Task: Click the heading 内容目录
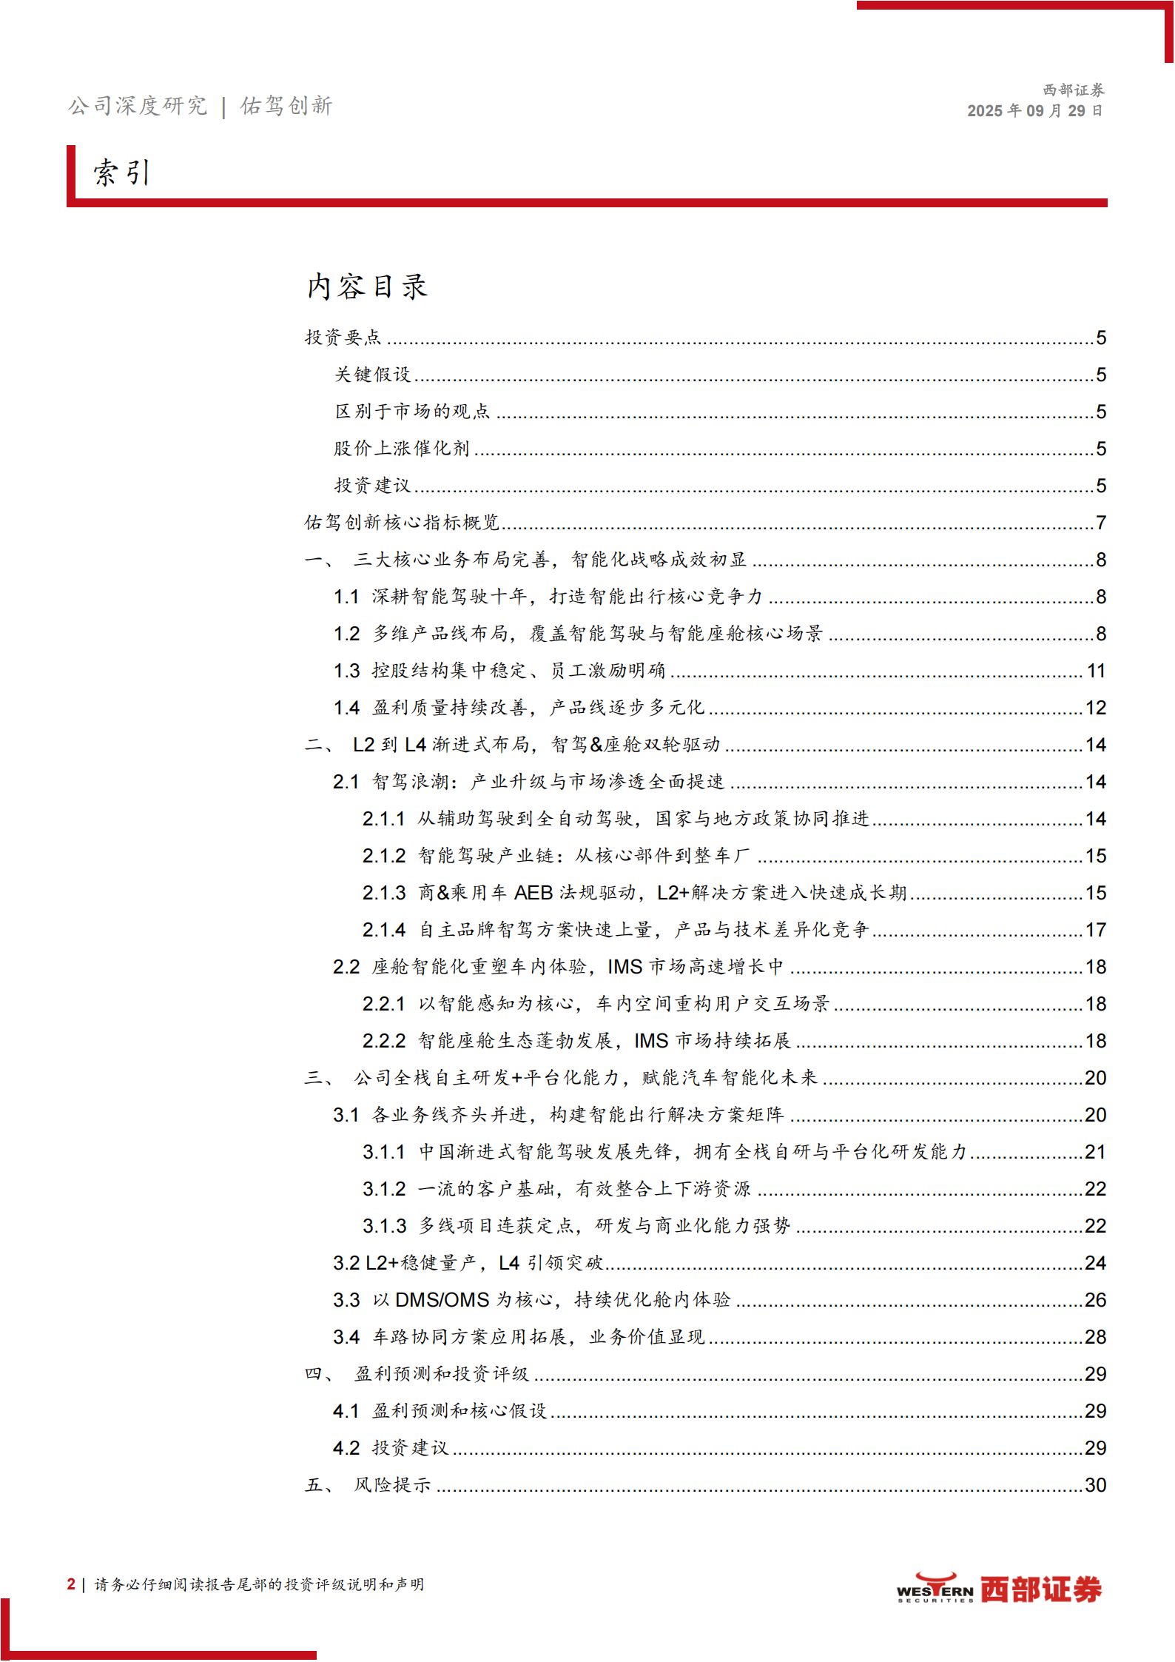click(x=368, y=287)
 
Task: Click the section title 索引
click(x=122, y=173)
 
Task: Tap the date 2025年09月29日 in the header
click(x=1034, y=111)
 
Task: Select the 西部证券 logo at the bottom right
click(x=999, y=1589)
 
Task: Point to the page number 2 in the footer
click(x=71, y=1584)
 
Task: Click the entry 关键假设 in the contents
click(x=373, y=375)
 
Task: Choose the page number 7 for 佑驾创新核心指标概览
click(x=1101, y=523)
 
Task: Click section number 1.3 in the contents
click(x=346, y=671)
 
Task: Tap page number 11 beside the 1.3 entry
click(x=1096, y=671)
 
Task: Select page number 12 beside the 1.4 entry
click(x=1096, y=708)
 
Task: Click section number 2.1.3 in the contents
click(x=384, y=893)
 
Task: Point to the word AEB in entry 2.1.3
click(x=533, y=893)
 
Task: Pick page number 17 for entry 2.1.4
click(x=1096, y=930)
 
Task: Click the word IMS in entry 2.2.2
click(x=651, y=1041)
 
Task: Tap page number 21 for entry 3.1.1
click(x=1096, y=1152)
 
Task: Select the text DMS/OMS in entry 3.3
click(x=442, y=1300)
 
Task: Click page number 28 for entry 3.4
click(x=1096, y=1337)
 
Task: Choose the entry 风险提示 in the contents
click(x=392, y=1485)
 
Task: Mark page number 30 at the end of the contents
click(x=1096, y=1485)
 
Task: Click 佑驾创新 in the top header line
click(x=286, y=106)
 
